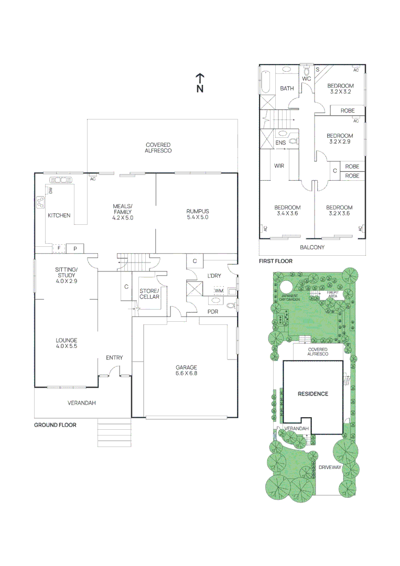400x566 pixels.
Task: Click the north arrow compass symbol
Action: [x=200, y=83]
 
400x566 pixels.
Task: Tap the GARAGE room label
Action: [x=186, y=371]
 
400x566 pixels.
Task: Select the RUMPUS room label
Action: [x=197, y=214]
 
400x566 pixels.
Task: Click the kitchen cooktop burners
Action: [x=40, y=202]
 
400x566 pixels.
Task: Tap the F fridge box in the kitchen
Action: [x=59, y=247]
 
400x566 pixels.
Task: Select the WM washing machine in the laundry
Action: [x=219, y=290]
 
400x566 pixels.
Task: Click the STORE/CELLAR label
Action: [x=149, y=294]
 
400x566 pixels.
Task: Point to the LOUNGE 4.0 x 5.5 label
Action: [x=67, y=343]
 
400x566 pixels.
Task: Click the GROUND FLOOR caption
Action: [x=55, y=425]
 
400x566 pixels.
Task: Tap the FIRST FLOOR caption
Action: [x=276, y=260]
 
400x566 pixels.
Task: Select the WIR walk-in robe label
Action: [x=279, y=166]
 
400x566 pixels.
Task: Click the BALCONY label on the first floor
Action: [x=312, y=247]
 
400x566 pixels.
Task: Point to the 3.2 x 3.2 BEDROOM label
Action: [x=340, y=89]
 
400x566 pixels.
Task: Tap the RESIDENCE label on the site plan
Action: [x=313, y=394]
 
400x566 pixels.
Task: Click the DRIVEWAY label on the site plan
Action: [x=330, y=467]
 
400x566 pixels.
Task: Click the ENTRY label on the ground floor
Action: [x=114, y=357]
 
